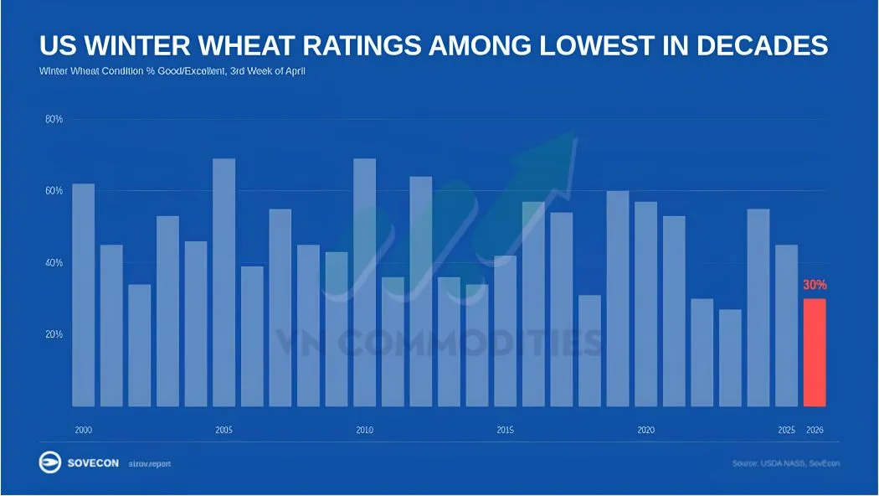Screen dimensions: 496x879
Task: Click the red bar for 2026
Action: click(815, 353)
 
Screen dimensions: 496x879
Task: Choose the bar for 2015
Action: click(505, 331)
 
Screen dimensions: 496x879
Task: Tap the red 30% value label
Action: click(815, 285)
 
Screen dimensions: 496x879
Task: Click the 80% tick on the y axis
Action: click(54, 120)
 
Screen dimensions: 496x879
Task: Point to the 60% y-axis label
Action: click(54, 191)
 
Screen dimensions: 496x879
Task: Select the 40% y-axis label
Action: click(54, 263)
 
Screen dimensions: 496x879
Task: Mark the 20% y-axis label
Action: click(54, 334)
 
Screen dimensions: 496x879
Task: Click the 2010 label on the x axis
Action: click(364, 430)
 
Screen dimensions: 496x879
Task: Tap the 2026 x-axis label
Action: click(815, 430)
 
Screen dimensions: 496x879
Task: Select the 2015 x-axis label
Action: click(505, 430)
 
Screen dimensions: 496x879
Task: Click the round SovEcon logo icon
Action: click(49, 462)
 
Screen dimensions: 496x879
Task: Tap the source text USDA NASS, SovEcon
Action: click(785, 463)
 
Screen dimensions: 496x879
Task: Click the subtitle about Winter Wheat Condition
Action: click(172, 71)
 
